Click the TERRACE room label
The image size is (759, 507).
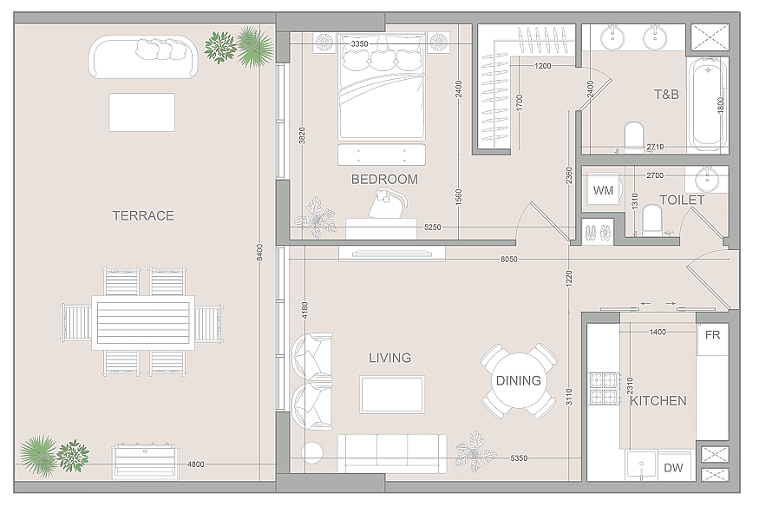(143, 215)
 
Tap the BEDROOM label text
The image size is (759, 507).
(384, 179)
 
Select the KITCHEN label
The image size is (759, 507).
(658, 400)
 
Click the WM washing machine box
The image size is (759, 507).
(603, 190)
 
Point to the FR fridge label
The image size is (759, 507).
(712, 334)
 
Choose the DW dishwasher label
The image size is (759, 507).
(673, 468)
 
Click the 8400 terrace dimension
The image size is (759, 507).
(259, 253)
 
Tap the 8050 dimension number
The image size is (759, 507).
(508, 260)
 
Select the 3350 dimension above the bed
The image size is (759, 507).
(359, 44)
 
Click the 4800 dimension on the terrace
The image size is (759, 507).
(195, 464)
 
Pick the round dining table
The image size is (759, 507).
(519, 380)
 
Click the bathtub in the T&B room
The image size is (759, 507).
(708, 104)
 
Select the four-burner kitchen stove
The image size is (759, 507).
(604, 388)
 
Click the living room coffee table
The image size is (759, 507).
(392, 394)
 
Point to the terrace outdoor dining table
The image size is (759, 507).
(143, 322)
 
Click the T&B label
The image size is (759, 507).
(666, 95)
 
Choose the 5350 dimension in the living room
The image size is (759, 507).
(519, 458)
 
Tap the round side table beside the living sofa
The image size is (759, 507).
(311, 453)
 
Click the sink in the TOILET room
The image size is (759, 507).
(707, 179)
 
